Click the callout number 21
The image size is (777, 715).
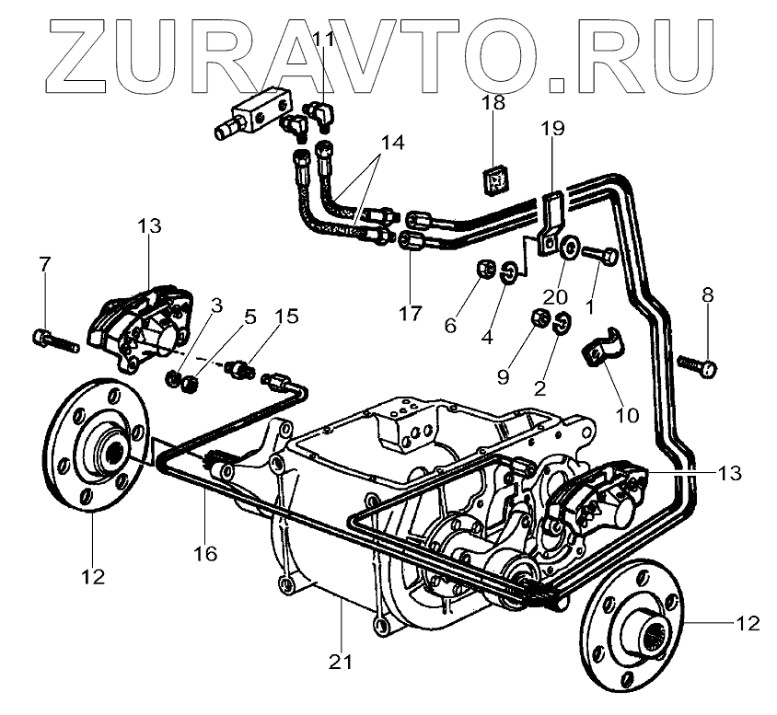click(x=342, y=660)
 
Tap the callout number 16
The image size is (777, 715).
click(x=205, y=553)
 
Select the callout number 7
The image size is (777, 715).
click(x=44, y=266)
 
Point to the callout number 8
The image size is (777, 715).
click(x=707, y=295)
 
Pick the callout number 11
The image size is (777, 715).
click(x=323, y=40)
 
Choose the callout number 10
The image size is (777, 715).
click(x=627, y=415)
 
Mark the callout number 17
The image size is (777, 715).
click(x=411, y=314)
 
